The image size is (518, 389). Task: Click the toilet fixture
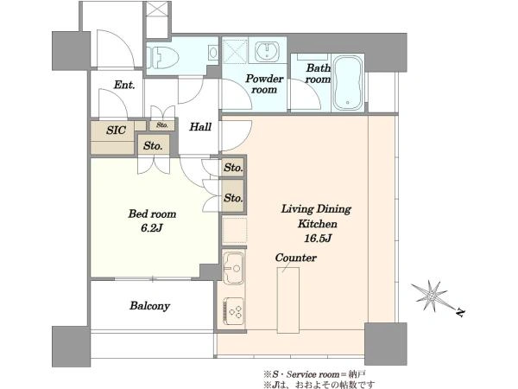(x=162, y=57)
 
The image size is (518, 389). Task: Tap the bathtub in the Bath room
(x=347, y=83)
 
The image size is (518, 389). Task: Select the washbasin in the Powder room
(x=267, y=51)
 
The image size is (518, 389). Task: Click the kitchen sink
(x=233, y=268)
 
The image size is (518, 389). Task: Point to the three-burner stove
(x=234, y=311)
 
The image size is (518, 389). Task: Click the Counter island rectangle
(x=288, y=300)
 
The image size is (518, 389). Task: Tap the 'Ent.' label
(x=124, y=85)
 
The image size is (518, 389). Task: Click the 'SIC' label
(x=116, y=130)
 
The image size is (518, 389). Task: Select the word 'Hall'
(x=200, y=127)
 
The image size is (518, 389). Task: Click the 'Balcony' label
(x=149, y=306)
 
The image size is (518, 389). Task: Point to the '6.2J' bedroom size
(x=152, y=228)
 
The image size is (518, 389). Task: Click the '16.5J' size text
(x=318, y=239)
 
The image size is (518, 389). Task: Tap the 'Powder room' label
(x=264, y=84)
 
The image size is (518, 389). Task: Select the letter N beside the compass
(x=460, y=312)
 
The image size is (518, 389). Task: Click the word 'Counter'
(x=295, y=258)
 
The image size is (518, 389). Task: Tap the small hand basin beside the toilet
(x=213, y=53)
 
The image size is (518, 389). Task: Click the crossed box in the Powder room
(x=235, y=51)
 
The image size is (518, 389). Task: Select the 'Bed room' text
(x=152, y=214)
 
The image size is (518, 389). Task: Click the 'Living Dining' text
(x=316, y=209)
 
